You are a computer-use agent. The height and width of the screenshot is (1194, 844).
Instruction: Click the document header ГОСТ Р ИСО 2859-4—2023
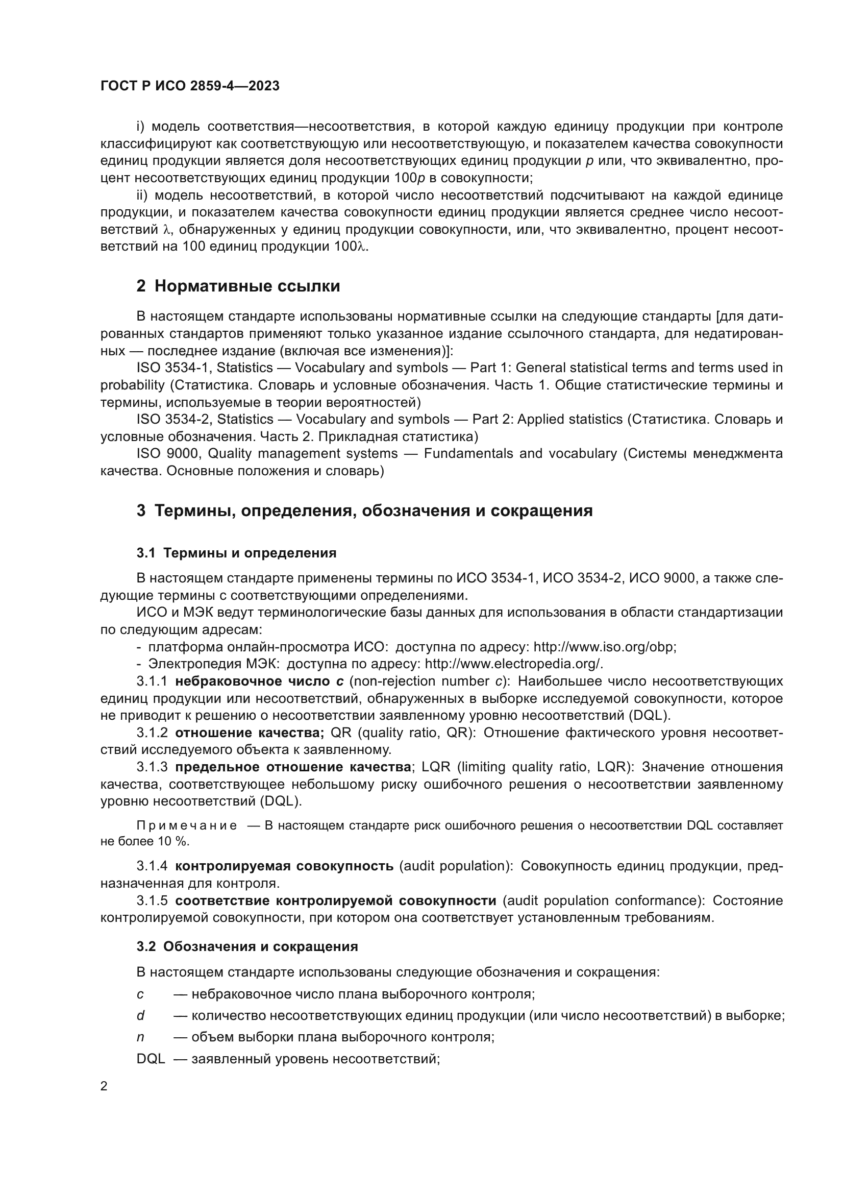pyautogui.click(x=190, y=86)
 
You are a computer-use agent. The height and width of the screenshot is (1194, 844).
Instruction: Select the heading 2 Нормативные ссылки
pyautogui.click(x=238, y=286)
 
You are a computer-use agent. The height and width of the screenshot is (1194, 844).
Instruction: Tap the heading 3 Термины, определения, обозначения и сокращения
pyautogui.click(x=364, y=510)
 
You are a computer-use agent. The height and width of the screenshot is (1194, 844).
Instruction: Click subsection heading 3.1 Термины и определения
pyautogui.click(x=236, y=553)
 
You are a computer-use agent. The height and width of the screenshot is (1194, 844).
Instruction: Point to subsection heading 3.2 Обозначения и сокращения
pyautogui.click(x=247, y=946)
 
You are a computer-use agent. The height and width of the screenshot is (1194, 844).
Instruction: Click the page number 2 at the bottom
pyautogui.click(x=104, y=1086)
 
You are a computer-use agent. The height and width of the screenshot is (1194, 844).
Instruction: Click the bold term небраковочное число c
pyautogui.click(x=259, y=681)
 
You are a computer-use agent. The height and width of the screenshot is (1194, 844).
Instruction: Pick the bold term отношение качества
pyautogui.click(x=250, y=733)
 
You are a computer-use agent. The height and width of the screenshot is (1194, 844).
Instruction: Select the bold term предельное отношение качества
pyautogui.click(x=293, y=767)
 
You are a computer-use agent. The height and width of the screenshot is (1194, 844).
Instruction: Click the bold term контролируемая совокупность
pyautogui.click(x=284, y=866)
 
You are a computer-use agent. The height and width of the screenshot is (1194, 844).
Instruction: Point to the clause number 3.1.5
pyautogui.click(x=152, y=900)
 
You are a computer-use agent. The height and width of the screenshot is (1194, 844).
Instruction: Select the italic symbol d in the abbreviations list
pyautogui.click(x=140, y=1016)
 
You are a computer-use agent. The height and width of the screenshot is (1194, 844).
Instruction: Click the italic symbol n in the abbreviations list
pyautogui.click(x=140, y=1037)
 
